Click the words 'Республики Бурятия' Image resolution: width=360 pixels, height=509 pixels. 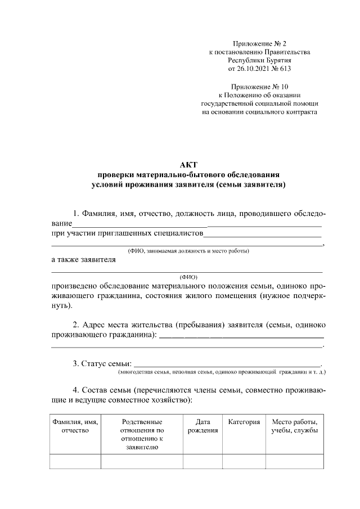tap(259, 60)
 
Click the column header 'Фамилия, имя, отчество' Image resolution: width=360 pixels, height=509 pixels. tap(75, 426)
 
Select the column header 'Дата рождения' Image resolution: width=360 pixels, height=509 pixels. tap(202, 426)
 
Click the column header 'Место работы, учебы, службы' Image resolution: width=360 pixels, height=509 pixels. tap(294, 426)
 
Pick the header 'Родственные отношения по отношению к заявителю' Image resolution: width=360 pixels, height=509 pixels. tap(142, 434)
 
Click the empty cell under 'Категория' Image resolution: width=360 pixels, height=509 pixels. tap(244, 461)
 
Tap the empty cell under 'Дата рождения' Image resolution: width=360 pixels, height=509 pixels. tap(202, 461)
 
